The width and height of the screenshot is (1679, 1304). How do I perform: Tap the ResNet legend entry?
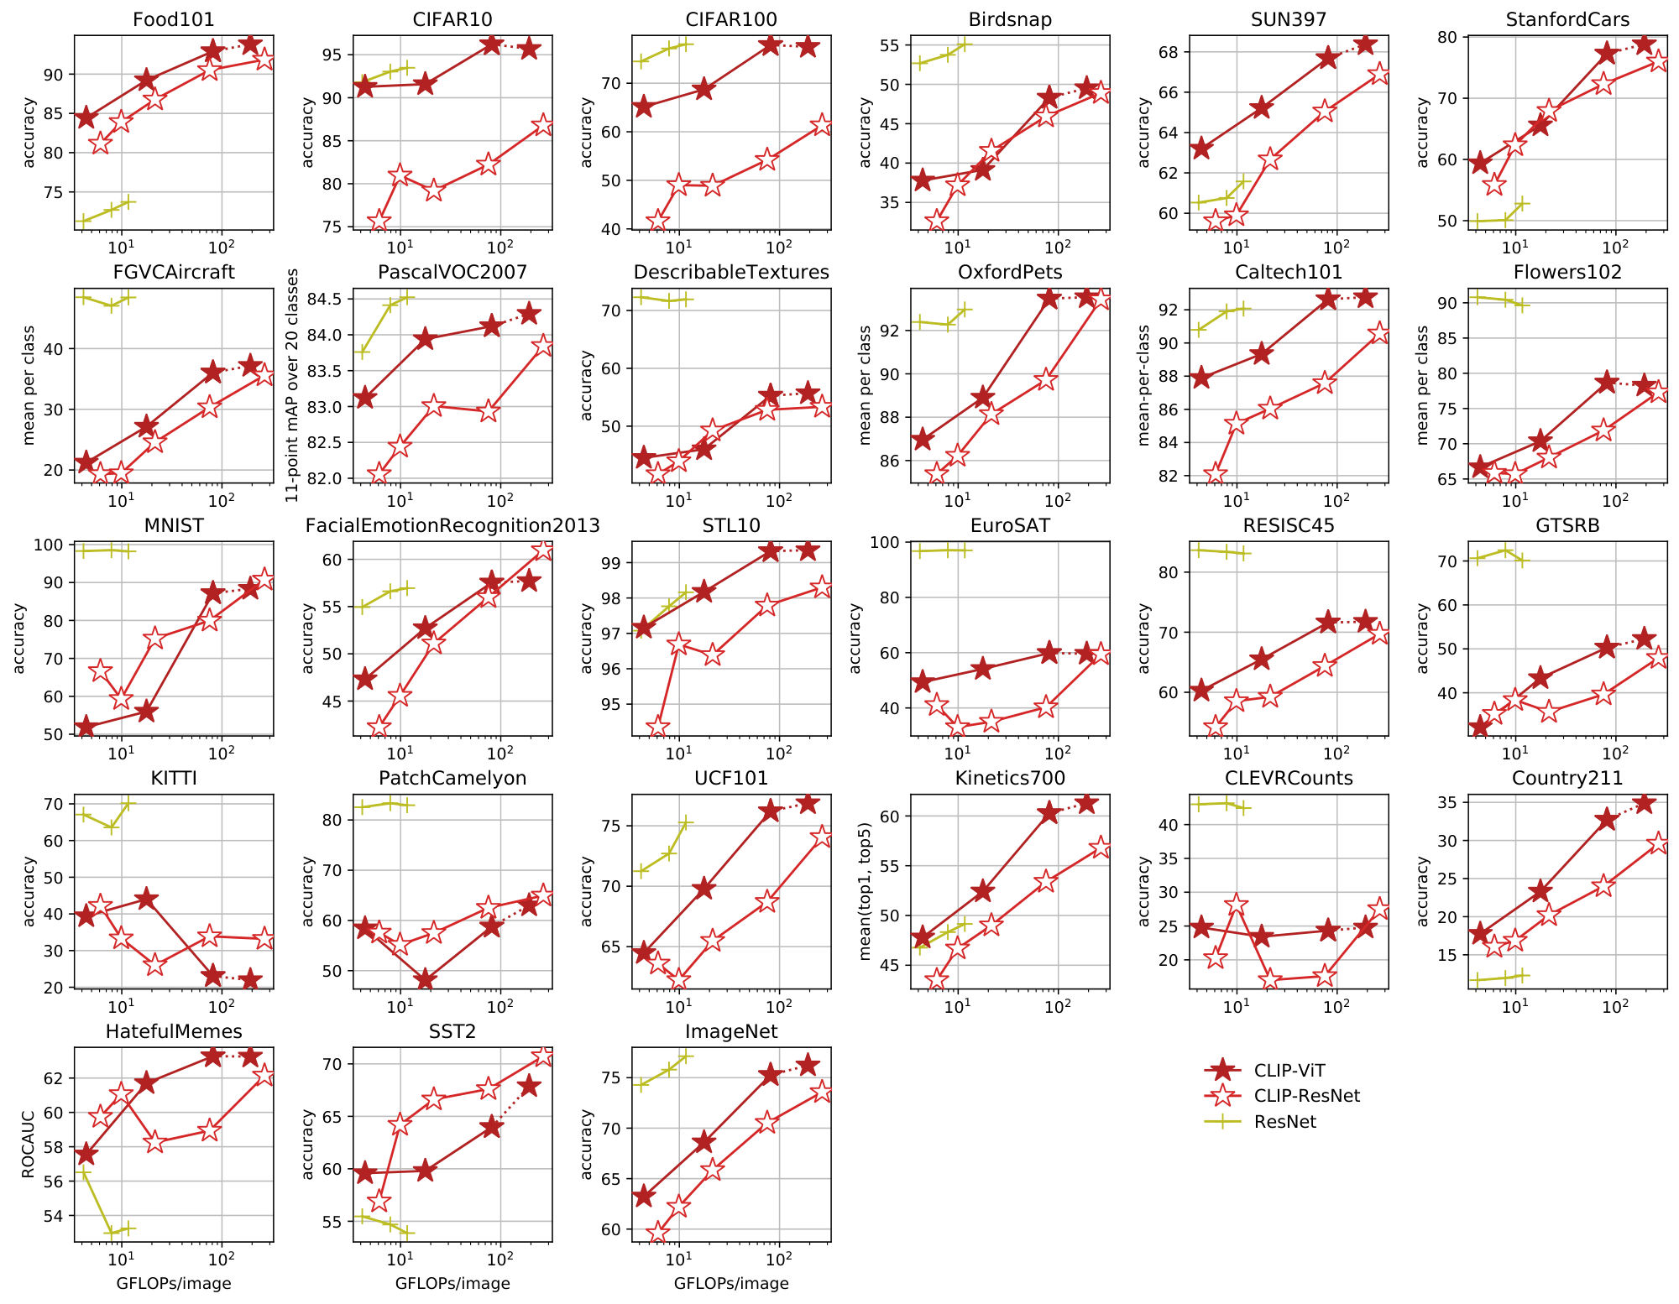(1284, 1121)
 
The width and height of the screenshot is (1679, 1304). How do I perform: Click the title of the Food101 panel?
(174, 19)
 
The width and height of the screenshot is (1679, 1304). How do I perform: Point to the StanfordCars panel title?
(1567, 19)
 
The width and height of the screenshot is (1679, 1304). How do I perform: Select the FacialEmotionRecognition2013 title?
(452, 525)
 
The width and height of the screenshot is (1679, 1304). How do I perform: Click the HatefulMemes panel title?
(174, 1031)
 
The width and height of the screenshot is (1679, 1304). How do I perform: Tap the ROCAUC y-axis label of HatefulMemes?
(28, 1145)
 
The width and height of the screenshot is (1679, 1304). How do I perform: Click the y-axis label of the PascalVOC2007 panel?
(292, 385)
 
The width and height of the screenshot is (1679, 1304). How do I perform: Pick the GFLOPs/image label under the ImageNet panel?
(731, 1283)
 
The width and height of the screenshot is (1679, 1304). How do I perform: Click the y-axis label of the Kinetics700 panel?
(865, 891)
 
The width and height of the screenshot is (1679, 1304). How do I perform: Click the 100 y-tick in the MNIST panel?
(52, 545)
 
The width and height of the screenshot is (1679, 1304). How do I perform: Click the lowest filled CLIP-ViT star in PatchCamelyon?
(425, 981)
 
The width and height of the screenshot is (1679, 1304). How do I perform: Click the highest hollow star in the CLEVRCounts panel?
(1236, 904)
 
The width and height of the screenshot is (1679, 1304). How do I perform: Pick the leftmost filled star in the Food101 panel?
(86, 117)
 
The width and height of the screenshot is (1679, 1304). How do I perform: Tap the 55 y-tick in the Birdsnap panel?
(892, 45)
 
